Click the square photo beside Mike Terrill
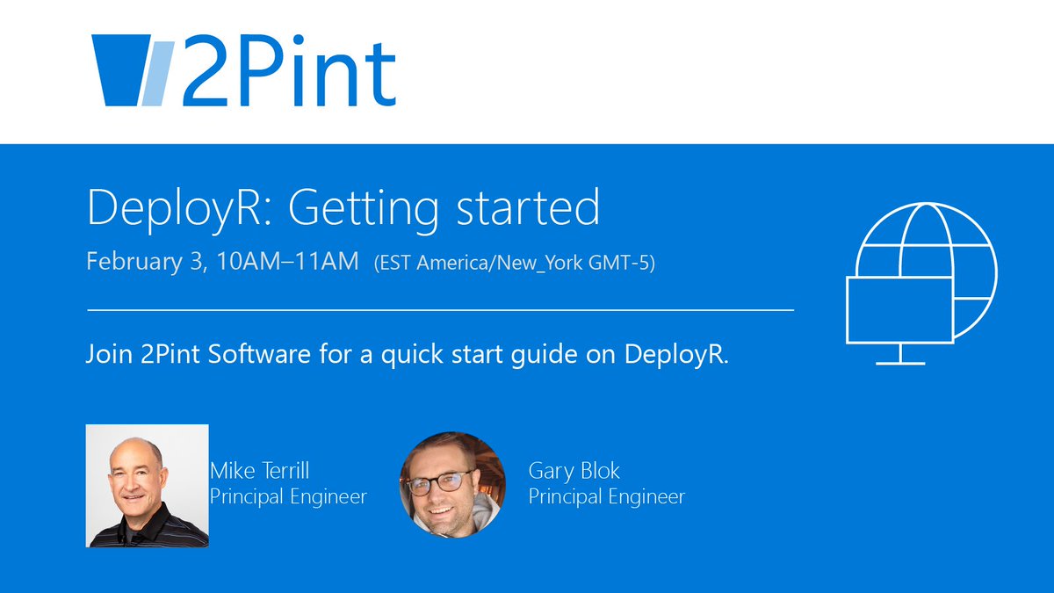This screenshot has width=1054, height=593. pyautogui.click(x=147, y=486)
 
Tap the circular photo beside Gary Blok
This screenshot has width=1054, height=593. pyautogui.click(x=452, y=484)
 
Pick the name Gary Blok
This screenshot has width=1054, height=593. pyautogui.click(x=574, y=471)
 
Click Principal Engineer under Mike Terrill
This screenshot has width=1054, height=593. pyautogui.click(x=288, y=496)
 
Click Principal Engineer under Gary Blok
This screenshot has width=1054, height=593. pyautogui.click(x=606, y=496)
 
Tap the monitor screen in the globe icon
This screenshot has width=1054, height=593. pyautogui.click(x=899, y=309)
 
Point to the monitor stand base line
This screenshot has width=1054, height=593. pyautogui.click(x=899, y=363)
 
